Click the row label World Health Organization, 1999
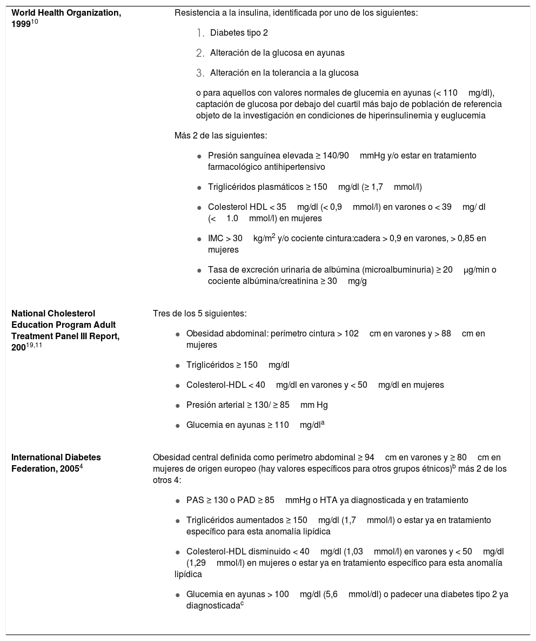click(66, 17)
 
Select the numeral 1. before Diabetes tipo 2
click(200, 34)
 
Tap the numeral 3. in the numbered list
click(200, 73)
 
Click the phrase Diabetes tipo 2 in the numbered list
click(239, 33)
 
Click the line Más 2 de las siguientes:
click(220, 135)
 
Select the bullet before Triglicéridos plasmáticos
click(199, 188)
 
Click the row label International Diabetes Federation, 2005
click(56, 462)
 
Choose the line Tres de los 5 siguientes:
click(200, 313)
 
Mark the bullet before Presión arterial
click(178, 405)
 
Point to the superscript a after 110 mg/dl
click(323, 423)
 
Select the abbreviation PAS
click(195, 500)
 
